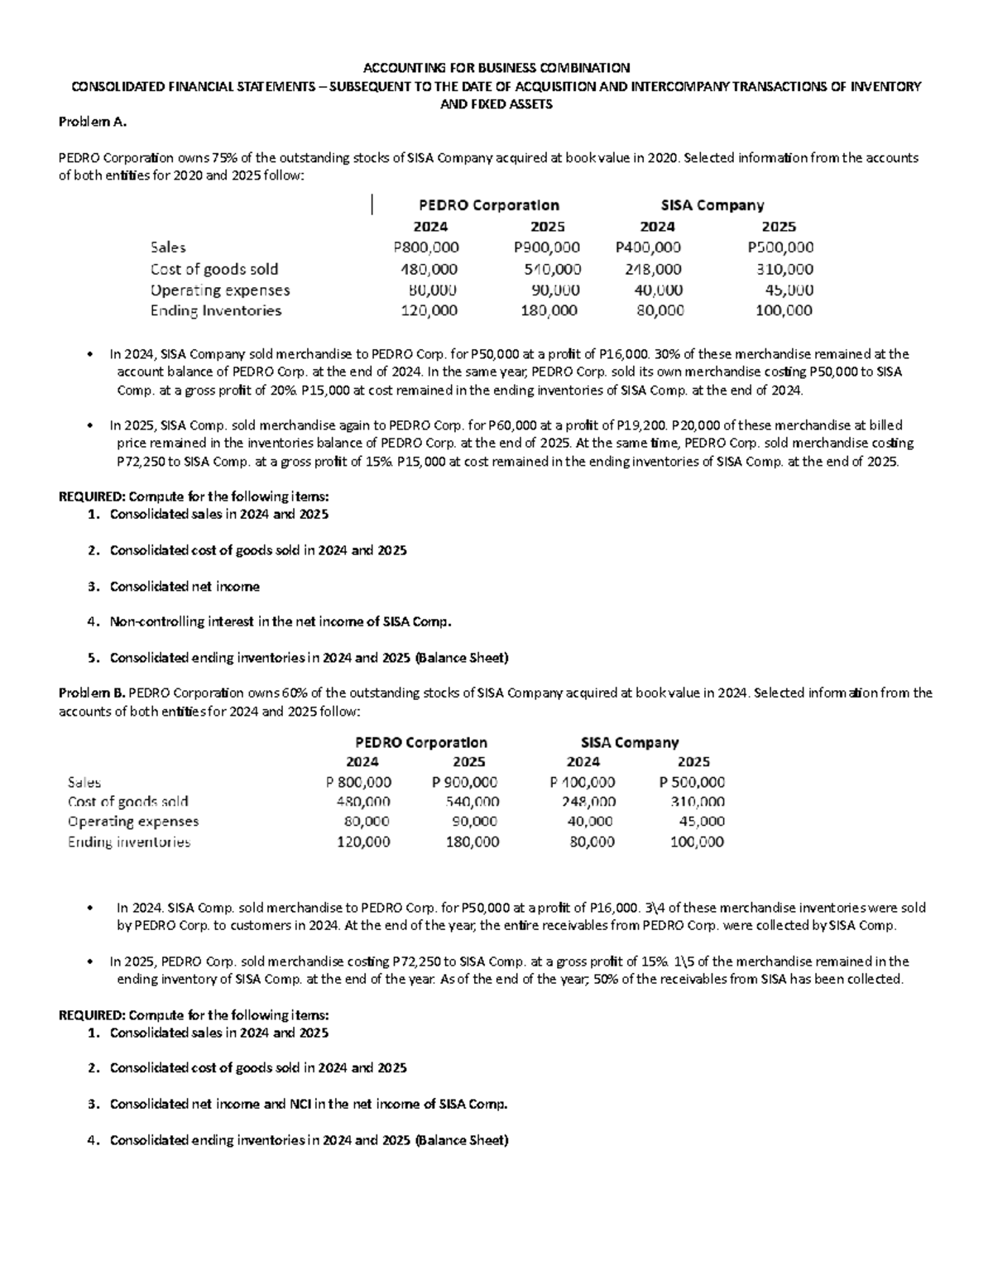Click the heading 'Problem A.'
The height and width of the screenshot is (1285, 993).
[92, 122]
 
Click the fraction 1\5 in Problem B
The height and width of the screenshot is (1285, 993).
[685, 961]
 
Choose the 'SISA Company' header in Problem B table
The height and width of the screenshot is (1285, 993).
[630, 742]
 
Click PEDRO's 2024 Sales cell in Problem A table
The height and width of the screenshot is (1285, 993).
[426, 247]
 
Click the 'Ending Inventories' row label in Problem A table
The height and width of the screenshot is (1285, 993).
[215, 311]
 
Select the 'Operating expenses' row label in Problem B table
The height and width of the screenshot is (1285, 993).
[133, 822]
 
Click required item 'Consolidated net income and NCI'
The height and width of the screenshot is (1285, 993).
[308, 1105]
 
